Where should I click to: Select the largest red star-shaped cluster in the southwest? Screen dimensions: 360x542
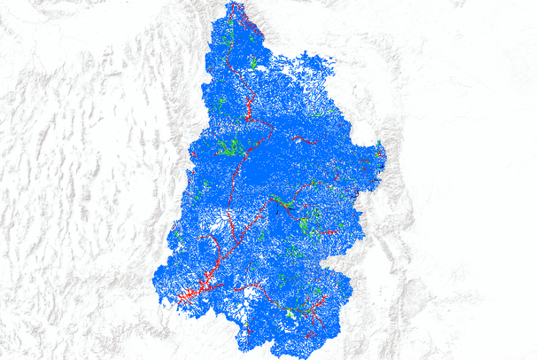[190, 293]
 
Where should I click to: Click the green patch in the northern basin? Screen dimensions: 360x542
[254, 63]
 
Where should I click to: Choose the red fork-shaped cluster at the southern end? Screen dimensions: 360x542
[309, 335]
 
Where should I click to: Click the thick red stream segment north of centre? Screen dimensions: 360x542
[249, 110]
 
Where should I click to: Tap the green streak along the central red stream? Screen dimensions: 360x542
[282, 201]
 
